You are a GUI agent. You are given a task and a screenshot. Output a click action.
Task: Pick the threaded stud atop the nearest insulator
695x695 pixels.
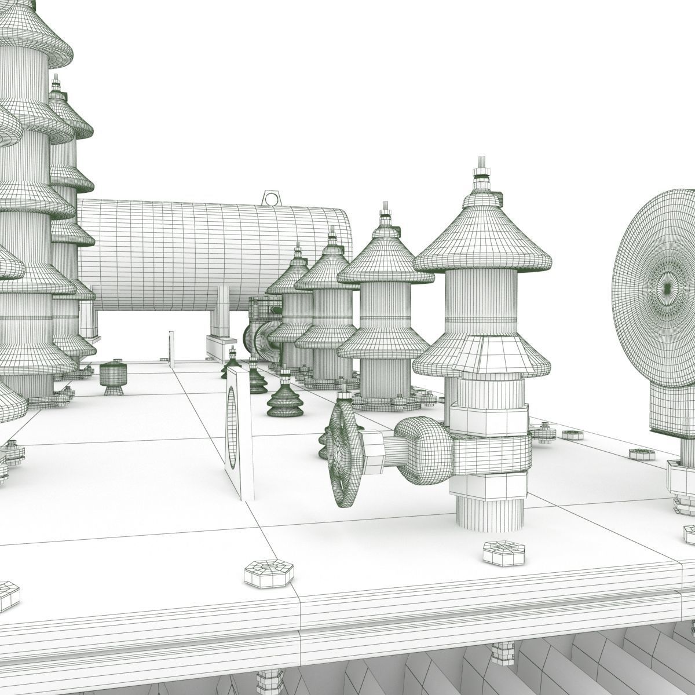pos(480,164)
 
